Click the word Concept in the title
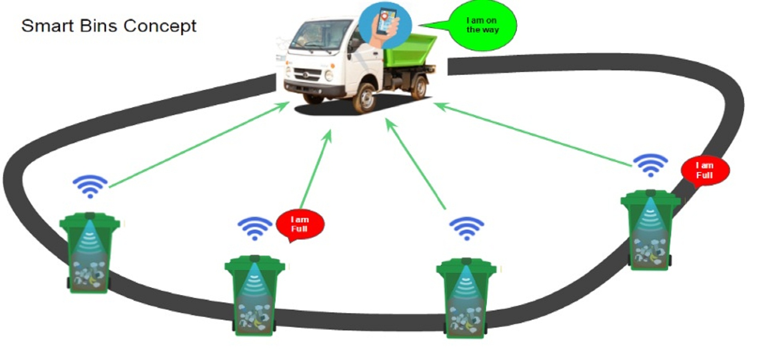click(x=160, y=26)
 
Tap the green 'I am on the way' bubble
click(x=482, y=25)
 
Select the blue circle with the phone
click(x=385, y=25)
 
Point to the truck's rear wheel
click(x=419, y=88)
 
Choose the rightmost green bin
click(x=650, y=230)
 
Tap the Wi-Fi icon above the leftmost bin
click(x=90, y=186)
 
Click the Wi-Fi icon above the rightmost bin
click(x=650, y=165)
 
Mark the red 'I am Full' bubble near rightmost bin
click(x=705, y=171)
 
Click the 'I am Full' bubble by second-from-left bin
click(x=300, y=225)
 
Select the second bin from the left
click(x=254, y=296)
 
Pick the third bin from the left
click(x=466, y=298)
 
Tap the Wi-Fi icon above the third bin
click(x=466, y=228)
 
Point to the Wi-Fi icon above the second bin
click(x=255, y=228)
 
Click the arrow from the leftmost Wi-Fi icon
click(x=199, y=144)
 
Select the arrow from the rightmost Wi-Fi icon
click(x=532, y=134)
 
